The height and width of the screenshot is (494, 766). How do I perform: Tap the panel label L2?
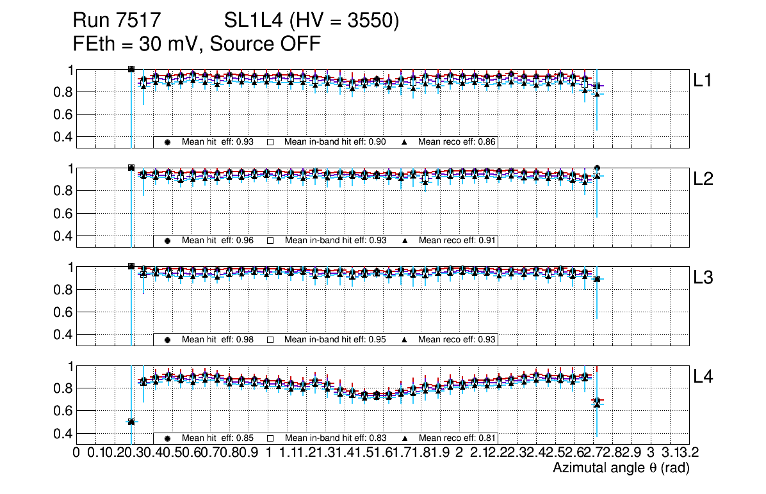[x=704, y=180]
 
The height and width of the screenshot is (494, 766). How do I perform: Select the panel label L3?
[x=704, y=278]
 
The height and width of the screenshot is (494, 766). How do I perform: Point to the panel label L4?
[x=704, y=377]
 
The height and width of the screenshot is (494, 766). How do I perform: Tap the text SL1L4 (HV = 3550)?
[x=312, y=21]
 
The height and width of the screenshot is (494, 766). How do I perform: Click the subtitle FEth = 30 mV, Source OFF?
[x=197, y=44]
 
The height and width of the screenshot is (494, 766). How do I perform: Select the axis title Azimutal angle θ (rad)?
[x=621, y=468]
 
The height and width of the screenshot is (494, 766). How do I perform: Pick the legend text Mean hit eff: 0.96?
[x=218, y=241]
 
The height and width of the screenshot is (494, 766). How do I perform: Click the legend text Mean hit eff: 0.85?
[x=218, y=438]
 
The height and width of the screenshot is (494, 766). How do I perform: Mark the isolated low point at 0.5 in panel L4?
[x=131, y=422]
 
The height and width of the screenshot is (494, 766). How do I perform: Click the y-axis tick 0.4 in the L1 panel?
[x=61, y=137]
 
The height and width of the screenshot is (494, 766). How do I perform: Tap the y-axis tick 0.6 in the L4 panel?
[x=61, y=411]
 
